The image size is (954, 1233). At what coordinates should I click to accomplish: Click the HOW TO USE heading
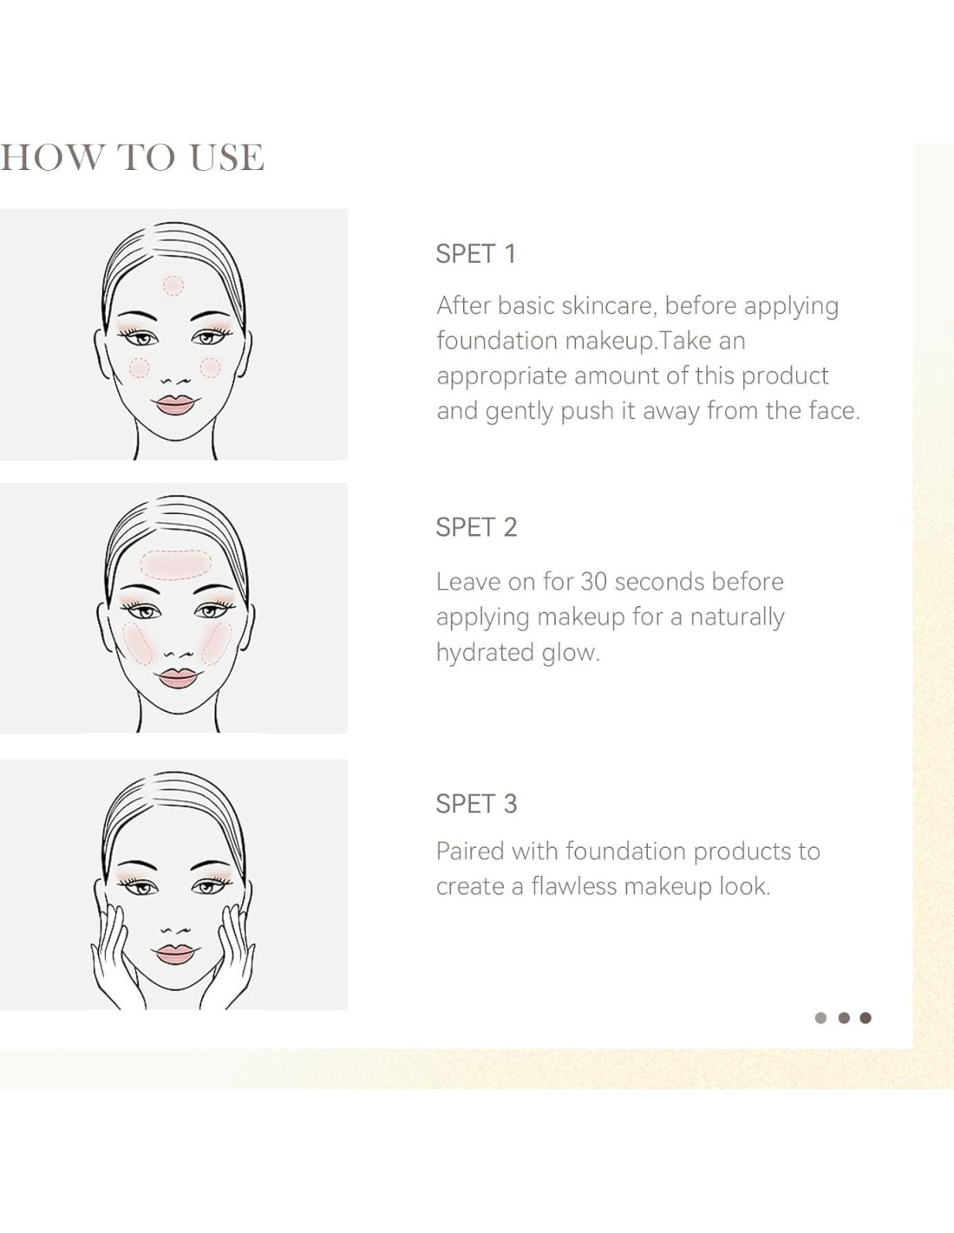[x=132, y=158]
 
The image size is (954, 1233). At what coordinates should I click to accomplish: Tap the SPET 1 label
[x=476, y=254]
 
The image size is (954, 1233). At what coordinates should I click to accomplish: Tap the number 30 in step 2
[x=593, y=582]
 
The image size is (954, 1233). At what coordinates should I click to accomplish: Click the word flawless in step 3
[x=574, y=886]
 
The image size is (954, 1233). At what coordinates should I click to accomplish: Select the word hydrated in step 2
[x=485, y=653]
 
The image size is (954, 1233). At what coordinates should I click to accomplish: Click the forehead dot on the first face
[x=173, y=285]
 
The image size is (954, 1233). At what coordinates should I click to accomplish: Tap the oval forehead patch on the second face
[x=176, y=564]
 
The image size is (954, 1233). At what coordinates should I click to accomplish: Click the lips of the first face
[x=176, y=404]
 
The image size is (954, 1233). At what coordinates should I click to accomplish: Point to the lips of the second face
[x=178, y=678]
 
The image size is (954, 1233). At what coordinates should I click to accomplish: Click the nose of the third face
[x=175, y=930]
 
